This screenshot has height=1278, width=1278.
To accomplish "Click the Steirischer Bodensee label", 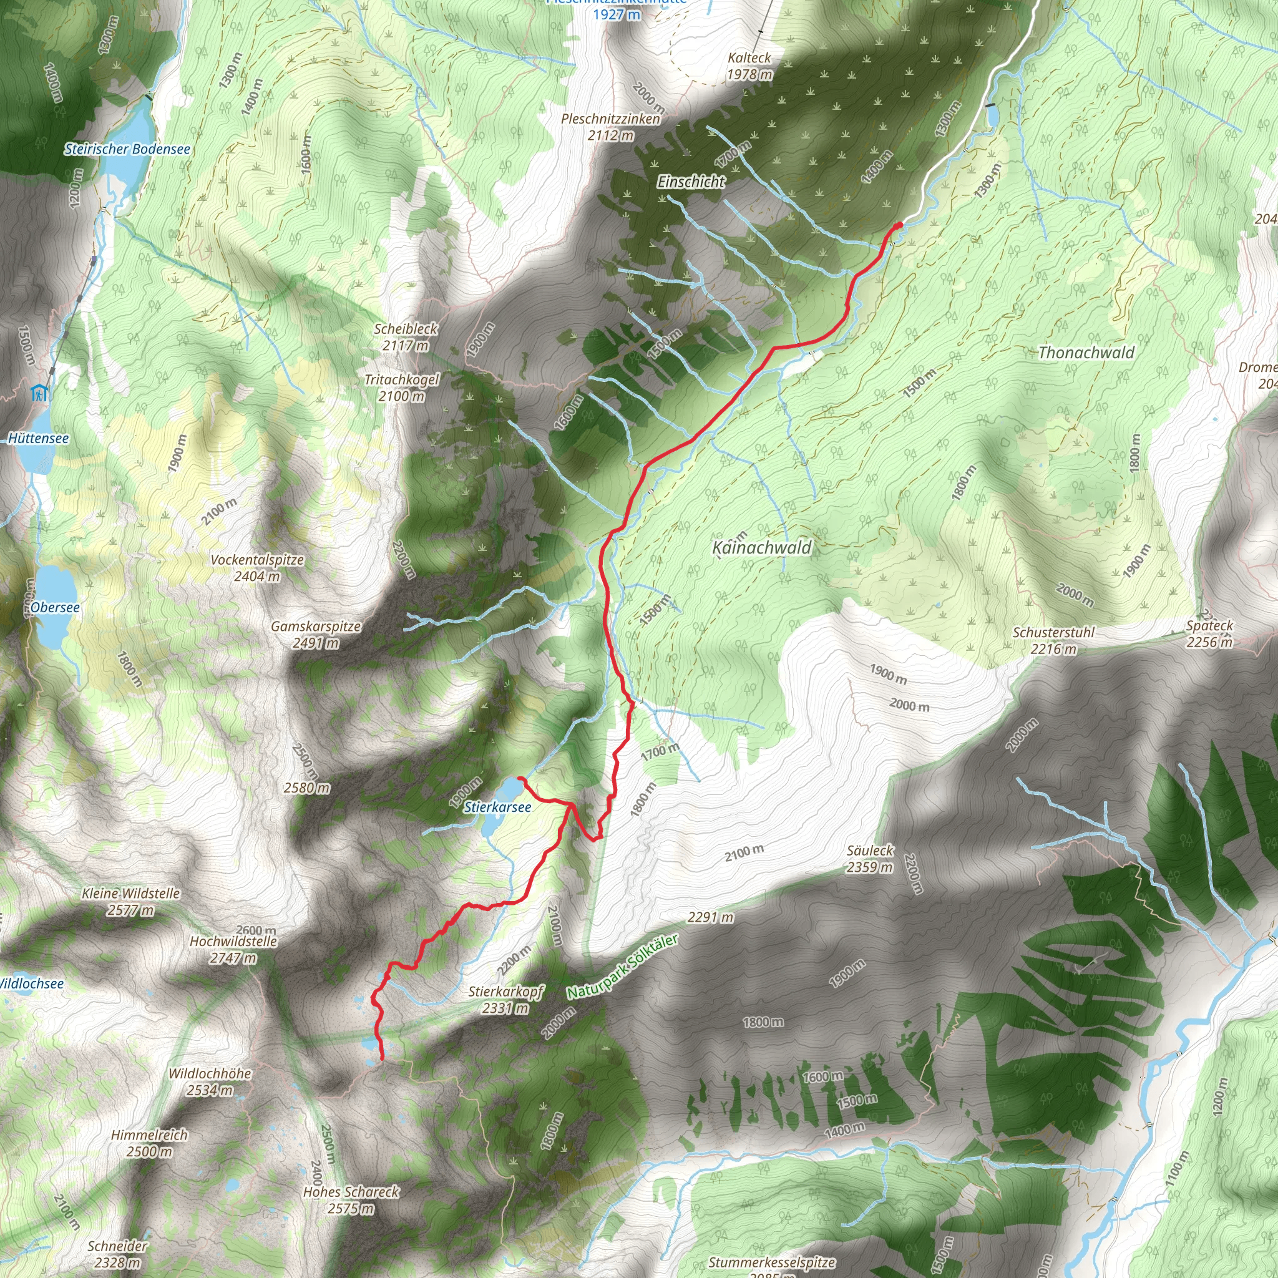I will [127, 150].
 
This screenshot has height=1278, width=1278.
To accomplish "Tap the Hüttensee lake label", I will [38, 439].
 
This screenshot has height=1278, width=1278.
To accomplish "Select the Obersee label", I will [55, 607].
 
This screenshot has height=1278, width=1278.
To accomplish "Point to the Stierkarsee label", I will [497, 807].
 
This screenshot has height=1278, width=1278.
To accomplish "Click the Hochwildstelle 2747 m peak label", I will [233, 949].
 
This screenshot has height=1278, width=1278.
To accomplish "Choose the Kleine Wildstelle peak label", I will [131, 902].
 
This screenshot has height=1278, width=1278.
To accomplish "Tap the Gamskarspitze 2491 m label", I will [316, 635].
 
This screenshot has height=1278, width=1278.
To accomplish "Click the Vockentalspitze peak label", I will [257, 568].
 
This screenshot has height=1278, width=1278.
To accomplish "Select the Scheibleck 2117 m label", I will [406, 337].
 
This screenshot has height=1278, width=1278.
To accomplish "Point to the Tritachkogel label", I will [401, 388].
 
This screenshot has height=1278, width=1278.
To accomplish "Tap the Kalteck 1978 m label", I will [749, 66].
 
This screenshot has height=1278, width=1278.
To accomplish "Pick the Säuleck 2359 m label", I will [870, 859].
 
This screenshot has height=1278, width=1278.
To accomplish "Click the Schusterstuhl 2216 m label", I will [1054, 640].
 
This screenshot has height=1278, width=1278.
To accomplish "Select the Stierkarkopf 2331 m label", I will [506, 1000].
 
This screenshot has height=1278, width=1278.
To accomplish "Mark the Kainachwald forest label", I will [762, 548].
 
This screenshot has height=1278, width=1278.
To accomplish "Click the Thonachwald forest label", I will [1086, 353].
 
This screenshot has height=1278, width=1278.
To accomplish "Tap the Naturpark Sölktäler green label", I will [622, 967].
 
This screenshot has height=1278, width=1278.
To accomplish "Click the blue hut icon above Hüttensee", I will [40, 394].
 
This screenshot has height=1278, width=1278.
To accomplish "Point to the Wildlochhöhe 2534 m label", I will [210, 1081].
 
